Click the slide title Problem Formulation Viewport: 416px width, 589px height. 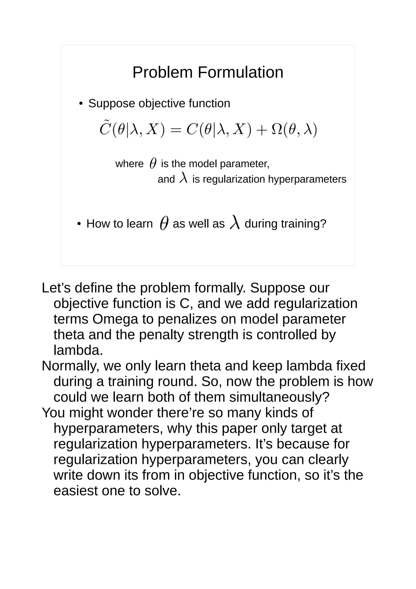pos(208,72)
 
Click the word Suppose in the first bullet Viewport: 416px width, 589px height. pos(112,103)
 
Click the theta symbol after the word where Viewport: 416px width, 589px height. pos(153,163)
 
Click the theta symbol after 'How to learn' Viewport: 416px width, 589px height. pos(164,223)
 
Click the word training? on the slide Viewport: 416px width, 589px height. pos(303,224)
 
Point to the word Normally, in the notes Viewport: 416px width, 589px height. pos(70,366)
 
